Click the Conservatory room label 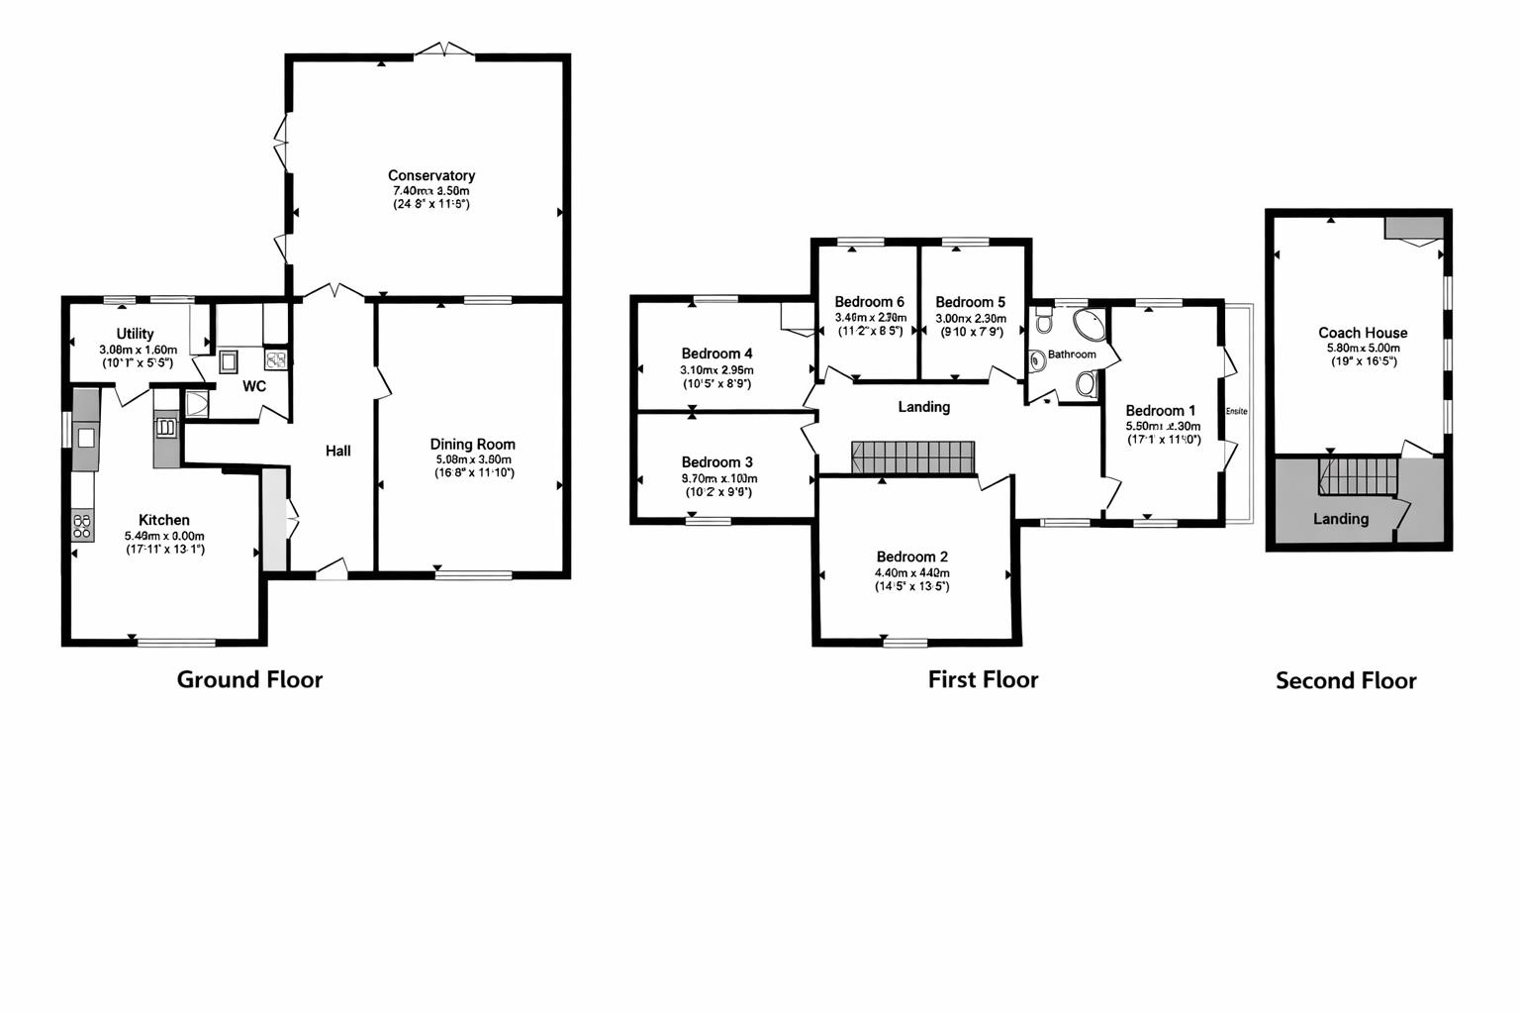(430, 175)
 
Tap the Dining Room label (472, 445)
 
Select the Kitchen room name (164, 520)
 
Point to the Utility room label (135, 334)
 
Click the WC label (254, 386)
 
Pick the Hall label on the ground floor (338, 451)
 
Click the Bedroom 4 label (716, 354)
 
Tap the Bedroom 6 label (869, 302)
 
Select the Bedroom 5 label (970, 302)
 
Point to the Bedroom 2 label (911, 557)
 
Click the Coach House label (1362, 333)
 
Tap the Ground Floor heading (249, 679)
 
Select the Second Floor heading (1346, 681)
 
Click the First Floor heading (983, 679)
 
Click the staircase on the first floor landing (912, 458)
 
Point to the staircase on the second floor (1358, 475)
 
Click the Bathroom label (1072, 355)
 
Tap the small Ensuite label (1236, 411)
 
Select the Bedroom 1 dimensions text (1163, 433)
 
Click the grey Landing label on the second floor (1341, 519)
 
